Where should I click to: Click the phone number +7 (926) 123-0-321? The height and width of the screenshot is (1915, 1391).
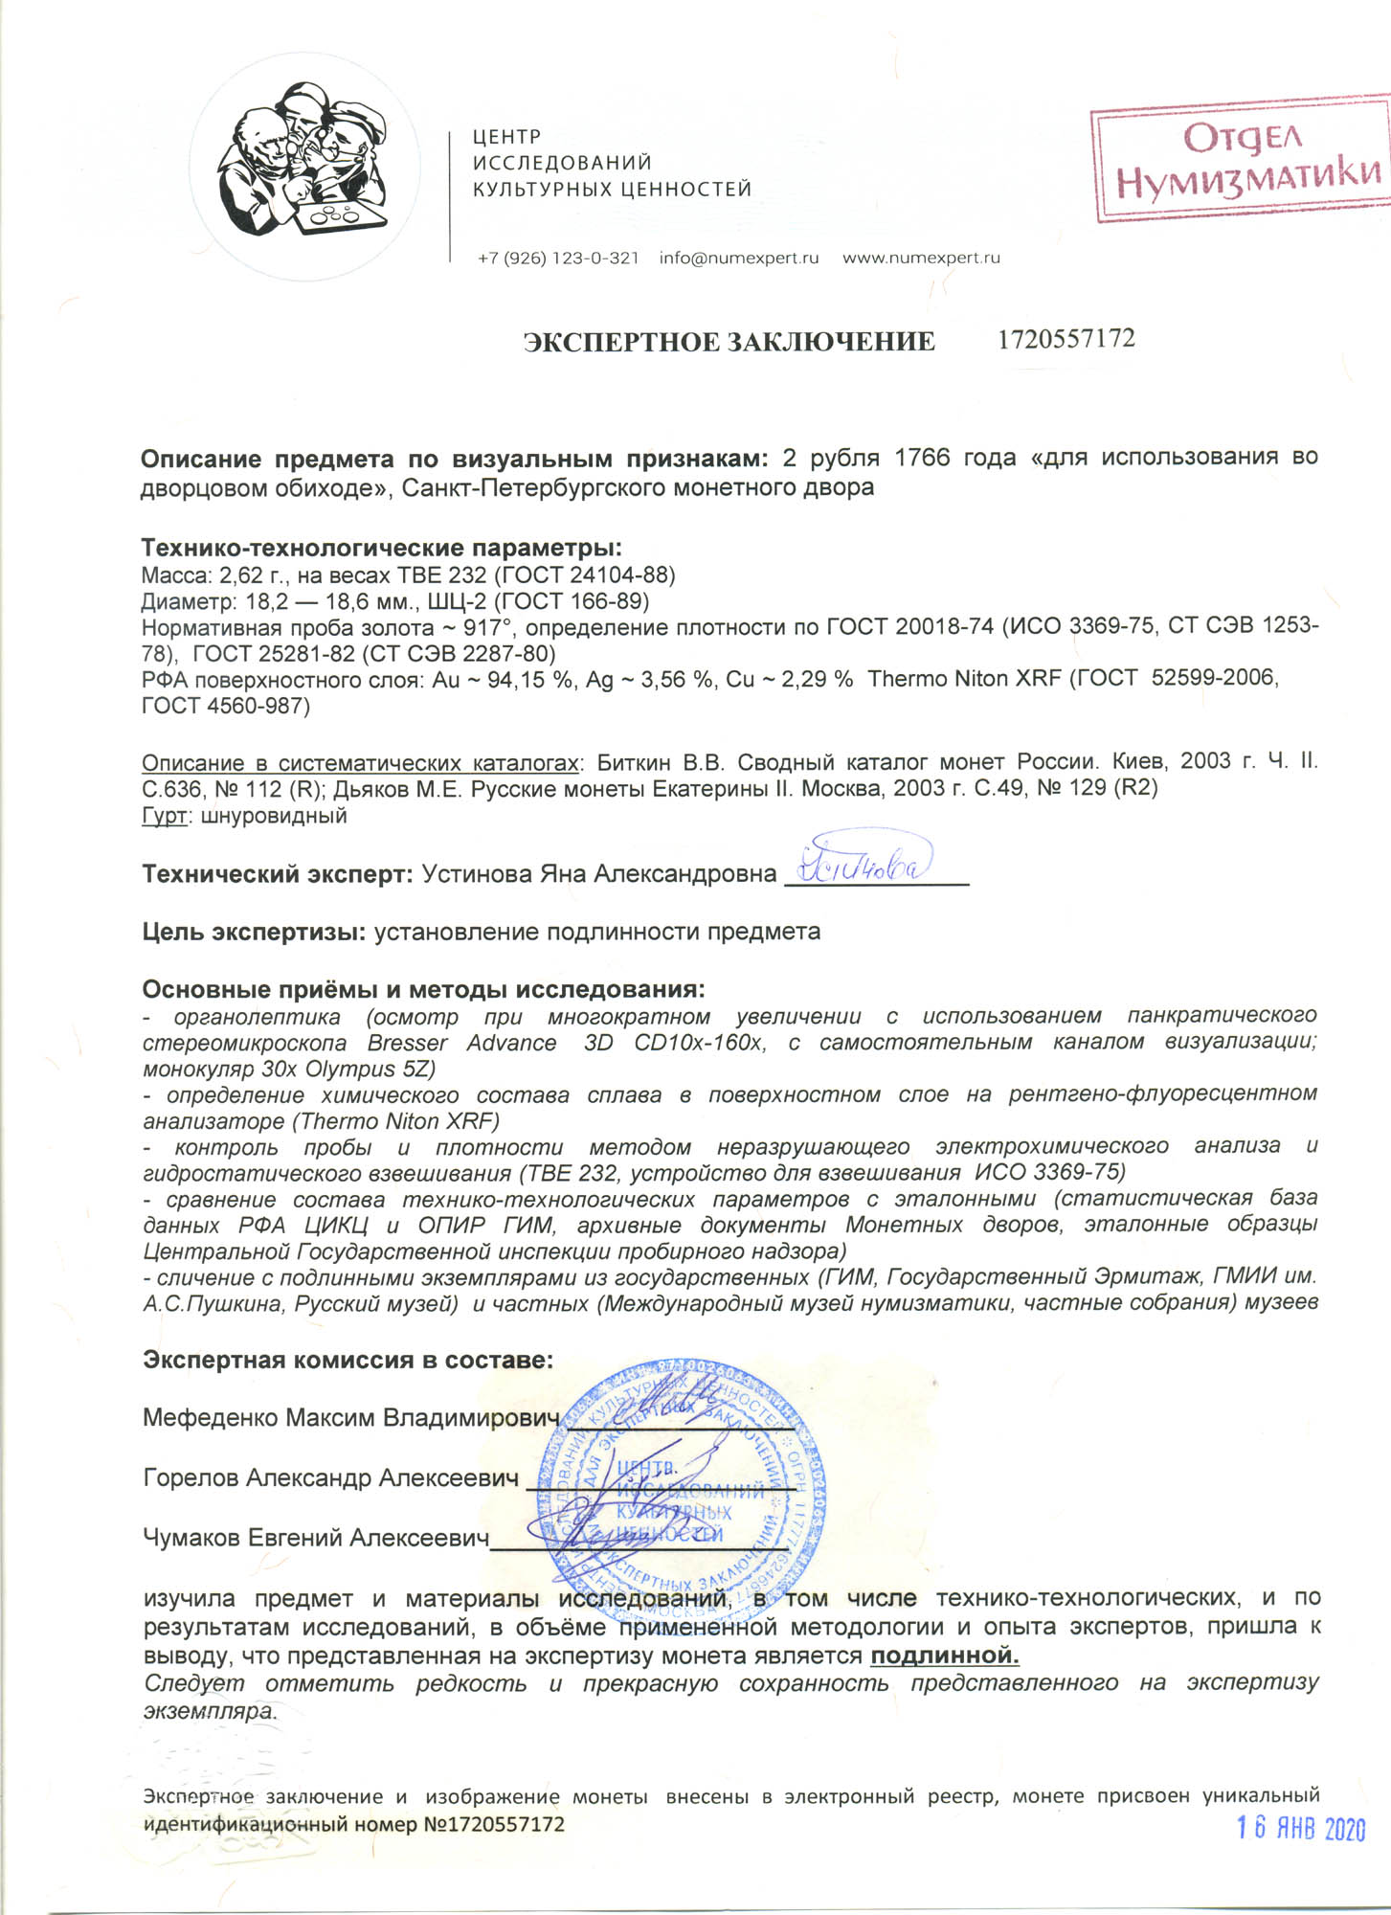pyautogui.click(x=558, y=259)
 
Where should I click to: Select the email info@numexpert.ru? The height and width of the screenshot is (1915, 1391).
pyautogui.click(x=739, y=259)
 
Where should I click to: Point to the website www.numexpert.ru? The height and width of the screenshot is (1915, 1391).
pyautogui.click(x=921, y=259)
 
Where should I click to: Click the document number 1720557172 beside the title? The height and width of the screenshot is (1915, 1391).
pyautogui.click(x=1066, y=339)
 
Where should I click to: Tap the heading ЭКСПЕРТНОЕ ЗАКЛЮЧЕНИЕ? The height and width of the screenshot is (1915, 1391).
pyautogui.click(x=729, y=342)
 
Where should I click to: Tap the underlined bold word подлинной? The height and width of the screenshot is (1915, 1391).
pyautogui.click(x=944, y=1656)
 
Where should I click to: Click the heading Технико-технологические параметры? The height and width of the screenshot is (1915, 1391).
pyautogui.click(x=382, y=549)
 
